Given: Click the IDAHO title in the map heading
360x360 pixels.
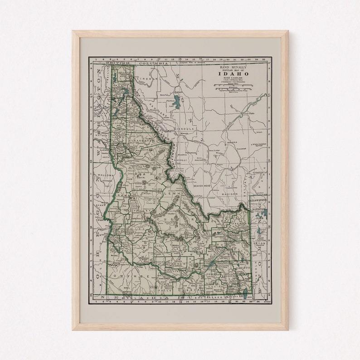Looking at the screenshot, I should pos(236,74).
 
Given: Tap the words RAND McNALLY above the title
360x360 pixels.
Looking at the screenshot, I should pos(236,67).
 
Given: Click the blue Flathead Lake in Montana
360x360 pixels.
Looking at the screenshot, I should pos(176,101).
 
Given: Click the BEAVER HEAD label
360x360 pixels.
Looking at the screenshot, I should pos(202,186).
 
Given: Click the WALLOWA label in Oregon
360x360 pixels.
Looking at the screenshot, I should pos(104,174).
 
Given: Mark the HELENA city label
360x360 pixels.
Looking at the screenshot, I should pos(233,142).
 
